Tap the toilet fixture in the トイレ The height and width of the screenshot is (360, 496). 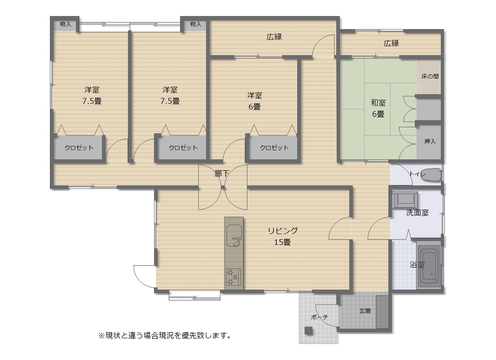(432, 175)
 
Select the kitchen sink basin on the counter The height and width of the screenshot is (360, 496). (234, 235)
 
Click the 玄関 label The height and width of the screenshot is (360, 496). (365, 311)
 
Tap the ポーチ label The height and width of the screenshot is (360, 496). (320, 317)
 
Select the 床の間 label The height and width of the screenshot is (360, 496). (430, 76)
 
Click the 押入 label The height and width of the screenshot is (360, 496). (430, 141)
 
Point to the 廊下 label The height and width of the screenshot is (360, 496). (222, 173)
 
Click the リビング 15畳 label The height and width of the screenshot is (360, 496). (282, 236)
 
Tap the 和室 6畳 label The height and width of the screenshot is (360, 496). (378, 108)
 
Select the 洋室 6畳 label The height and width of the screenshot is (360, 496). (255, 101)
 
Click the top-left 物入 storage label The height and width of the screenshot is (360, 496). (65, 24)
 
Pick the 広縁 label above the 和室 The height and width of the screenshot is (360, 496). (391, 43)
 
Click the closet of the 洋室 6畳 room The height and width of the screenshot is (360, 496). (274, 147)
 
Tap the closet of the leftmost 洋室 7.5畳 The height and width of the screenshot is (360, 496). (79, 147)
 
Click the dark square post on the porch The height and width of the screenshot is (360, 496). (309, 330)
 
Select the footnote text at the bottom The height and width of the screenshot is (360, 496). (165, 335)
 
